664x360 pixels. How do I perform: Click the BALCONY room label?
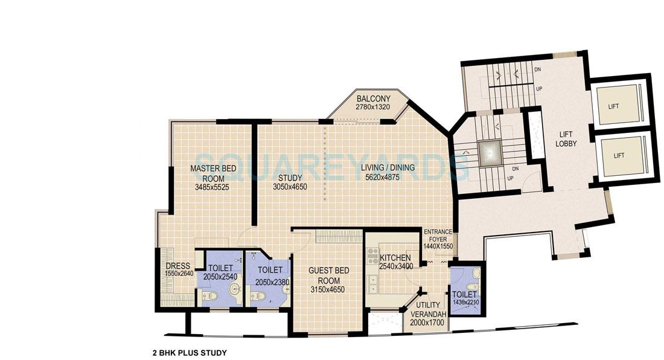click(x=373, y=98)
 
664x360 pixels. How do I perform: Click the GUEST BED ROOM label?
click(x=328, y=276)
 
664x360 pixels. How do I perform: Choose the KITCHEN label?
click(x=395, y=258)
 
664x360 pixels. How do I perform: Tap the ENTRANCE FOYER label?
click(x=438, y=235)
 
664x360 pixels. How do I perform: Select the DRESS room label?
click(x=177, y=266)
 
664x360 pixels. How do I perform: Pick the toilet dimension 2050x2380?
click(x=266, y=281)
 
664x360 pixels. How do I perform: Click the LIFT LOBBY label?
click(x=567, y=140)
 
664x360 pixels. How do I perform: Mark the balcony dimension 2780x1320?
click(x=373, y=107)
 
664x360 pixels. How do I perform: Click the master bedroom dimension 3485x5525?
click(x=211, y=187)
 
